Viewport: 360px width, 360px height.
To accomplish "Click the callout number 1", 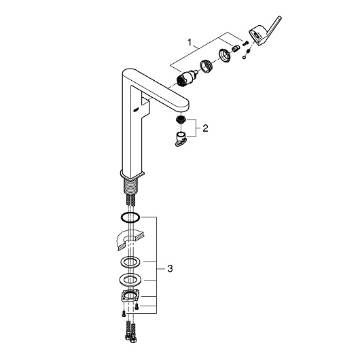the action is [x=190, y=42].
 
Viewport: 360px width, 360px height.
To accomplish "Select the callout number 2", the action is [x=205, y=128].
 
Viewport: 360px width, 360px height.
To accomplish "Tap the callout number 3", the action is [x=170, y=268].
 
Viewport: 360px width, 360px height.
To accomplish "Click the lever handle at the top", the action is [x=265, y=31].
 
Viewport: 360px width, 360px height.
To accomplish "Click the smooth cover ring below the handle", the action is [x=224, y=55].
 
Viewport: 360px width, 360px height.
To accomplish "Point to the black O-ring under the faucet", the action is [x=130, y=217].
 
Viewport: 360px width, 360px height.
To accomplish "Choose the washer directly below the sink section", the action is [x=130, y=262].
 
